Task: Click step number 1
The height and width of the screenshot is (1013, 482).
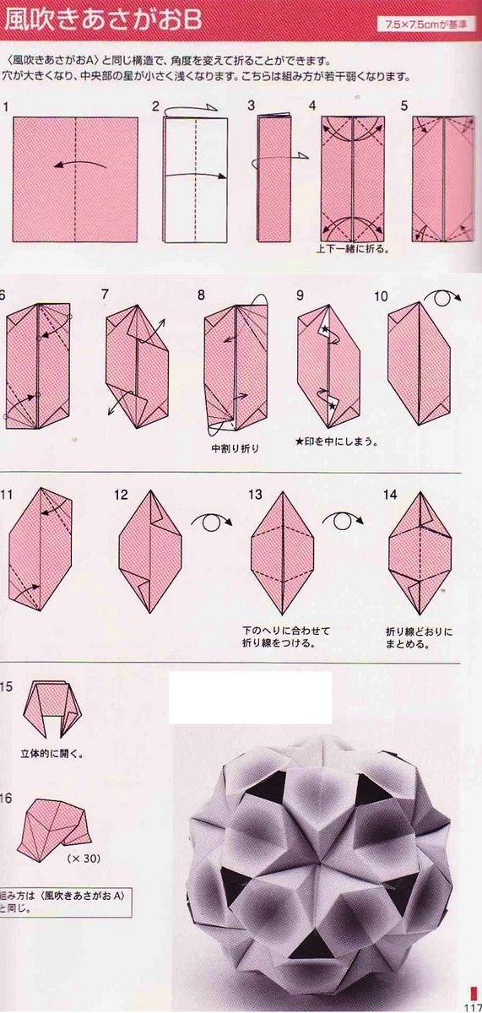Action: [6, 106]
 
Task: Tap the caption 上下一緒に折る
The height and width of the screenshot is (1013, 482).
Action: [352, 250]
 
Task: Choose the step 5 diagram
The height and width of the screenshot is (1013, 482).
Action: [443, 178]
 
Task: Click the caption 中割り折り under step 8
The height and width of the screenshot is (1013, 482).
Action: [236, 448]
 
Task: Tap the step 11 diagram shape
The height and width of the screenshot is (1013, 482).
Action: [41, 549]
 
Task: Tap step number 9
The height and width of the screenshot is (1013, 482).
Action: [300, 295]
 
